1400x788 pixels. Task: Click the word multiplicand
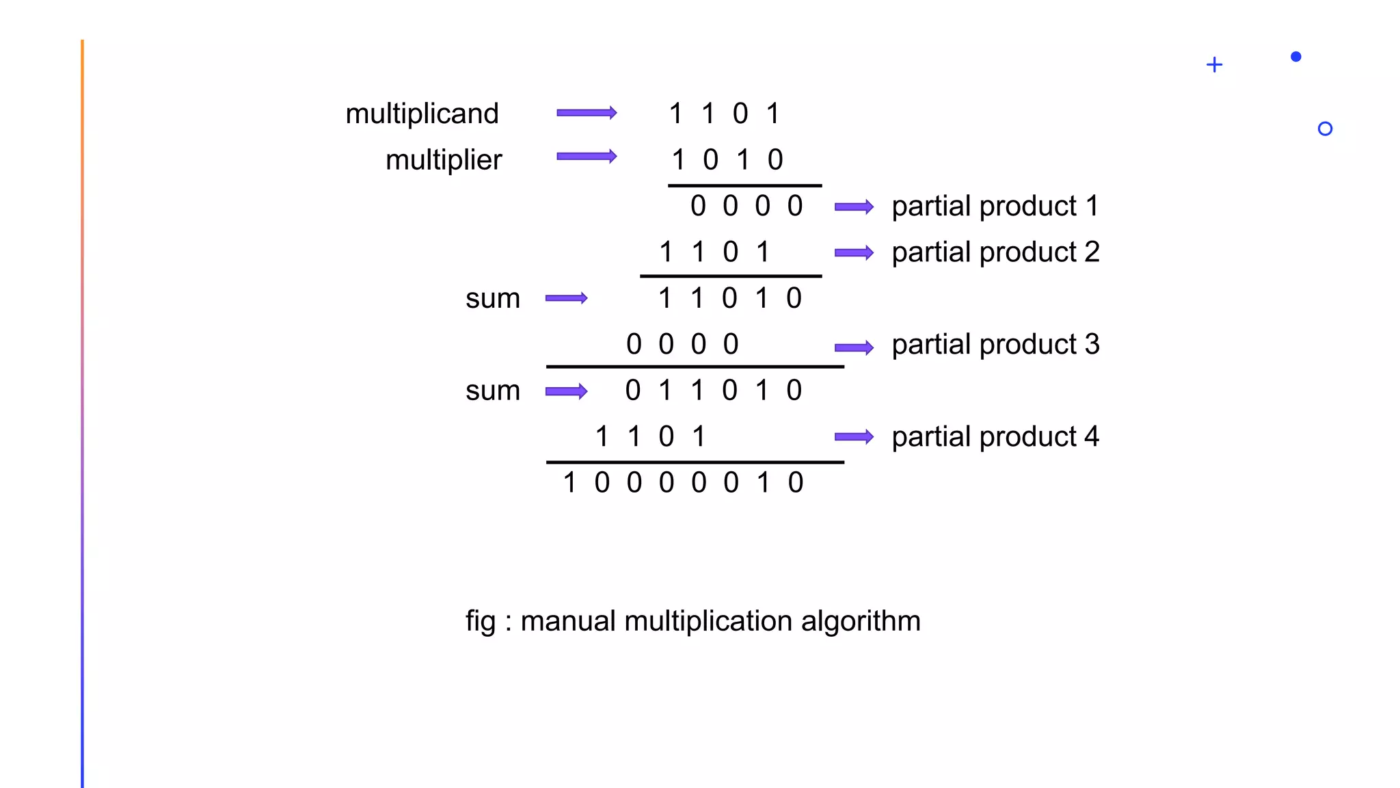[422, 114]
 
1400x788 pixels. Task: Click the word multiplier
[443, 160]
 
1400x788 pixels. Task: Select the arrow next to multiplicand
[587, 113]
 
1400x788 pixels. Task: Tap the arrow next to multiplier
[587, 157]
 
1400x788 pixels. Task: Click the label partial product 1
[995, 207]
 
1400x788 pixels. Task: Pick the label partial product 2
[995, 252]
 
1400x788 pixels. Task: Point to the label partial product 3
[995, 345]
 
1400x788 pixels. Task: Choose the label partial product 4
[995, 437]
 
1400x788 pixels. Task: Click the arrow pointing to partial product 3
[854, 347]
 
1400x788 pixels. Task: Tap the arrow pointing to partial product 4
[854, 437]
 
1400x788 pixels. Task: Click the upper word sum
[492, 299]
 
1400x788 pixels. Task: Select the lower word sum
[492, 391]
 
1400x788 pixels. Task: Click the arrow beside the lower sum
[566, 391]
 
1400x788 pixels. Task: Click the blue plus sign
[1214, 65]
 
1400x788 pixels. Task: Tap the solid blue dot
[1295, 57]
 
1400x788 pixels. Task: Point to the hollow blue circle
[1325, 129]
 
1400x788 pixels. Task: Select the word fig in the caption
[480, 622]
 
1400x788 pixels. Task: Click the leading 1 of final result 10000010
[569, 483]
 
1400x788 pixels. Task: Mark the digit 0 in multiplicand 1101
[740, 114]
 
